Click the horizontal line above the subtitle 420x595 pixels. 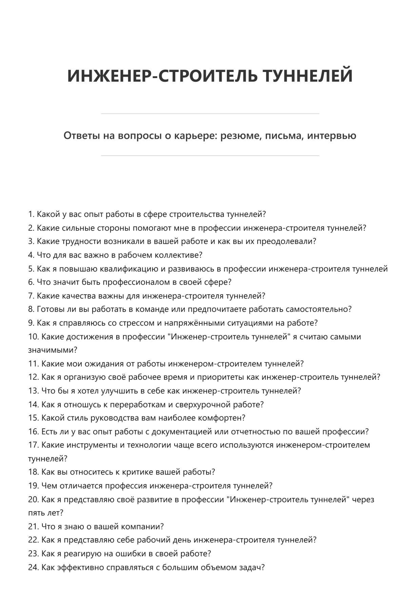(x=210, y=114)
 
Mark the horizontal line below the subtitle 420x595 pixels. (x=210, y=156)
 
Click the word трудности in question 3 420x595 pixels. (x=80, y=241)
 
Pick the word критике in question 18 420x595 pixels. (x=137, y=472)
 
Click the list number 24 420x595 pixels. (x=34, y=567)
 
